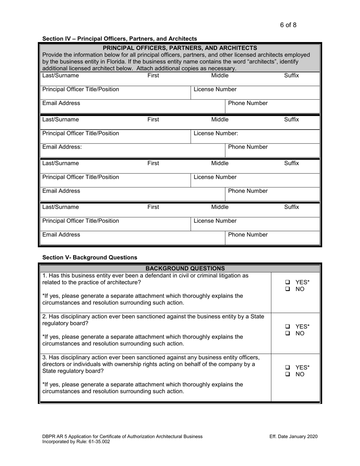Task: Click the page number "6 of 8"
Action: [288, 25]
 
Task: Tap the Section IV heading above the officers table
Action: [119, 39]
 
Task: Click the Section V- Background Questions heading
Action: [90, 257]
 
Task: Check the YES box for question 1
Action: [288, 282]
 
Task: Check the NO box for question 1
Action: [288, 289]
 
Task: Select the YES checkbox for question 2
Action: [288, 327]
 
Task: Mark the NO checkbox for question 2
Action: [288, 333]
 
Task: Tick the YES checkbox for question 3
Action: [288, 367]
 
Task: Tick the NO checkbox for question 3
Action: [288, 374]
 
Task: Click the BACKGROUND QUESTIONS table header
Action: [180, 268]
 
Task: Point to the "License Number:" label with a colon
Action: [216, 133]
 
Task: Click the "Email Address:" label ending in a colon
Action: [62, 147]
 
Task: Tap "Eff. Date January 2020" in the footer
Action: [293, 436]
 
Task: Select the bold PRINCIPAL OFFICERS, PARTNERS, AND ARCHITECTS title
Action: [180, 48]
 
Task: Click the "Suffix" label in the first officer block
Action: [291, 76]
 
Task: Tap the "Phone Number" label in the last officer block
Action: [248, 235]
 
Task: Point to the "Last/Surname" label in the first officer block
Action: [61, 76]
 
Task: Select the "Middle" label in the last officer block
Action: [220, 207]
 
